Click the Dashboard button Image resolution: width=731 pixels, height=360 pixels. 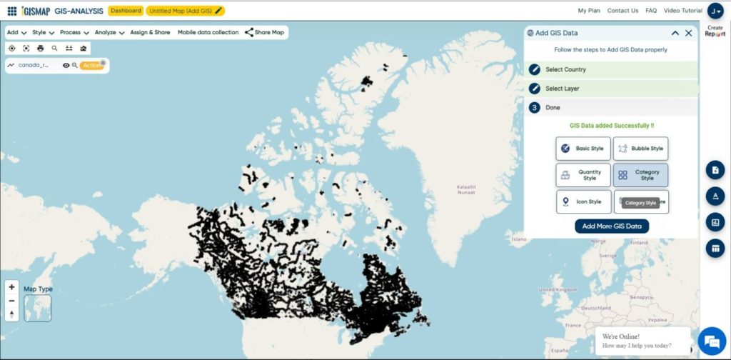pos(126,11)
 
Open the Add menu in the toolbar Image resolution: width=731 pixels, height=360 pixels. pos(16,32)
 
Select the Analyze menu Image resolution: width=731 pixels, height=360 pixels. pos(109,32)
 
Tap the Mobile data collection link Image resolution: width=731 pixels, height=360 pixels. pos(208,32)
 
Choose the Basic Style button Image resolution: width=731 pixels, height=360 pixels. pos(583,149)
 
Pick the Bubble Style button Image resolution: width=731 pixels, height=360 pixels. pos(641,149)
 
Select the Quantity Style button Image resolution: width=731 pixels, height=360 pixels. pos(583,175)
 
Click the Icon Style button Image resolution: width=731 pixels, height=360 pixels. pos(583,201)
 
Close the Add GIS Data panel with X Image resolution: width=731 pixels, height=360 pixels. pos(688,33)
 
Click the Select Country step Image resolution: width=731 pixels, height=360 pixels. pos(565,69)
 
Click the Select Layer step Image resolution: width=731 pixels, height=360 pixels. pos(562,89)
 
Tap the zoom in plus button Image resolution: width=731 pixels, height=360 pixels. pos(11,287)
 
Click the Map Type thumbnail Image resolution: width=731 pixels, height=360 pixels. pos(37,308)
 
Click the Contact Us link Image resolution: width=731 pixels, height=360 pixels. pos(622,11)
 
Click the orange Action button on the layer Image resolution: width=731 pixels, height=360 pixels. pos(92,65)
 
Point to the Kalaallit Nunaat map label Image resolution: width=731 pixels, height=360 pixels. pos(467,189)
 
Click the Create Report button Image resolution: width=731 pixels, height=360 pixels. pos(715,31)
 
